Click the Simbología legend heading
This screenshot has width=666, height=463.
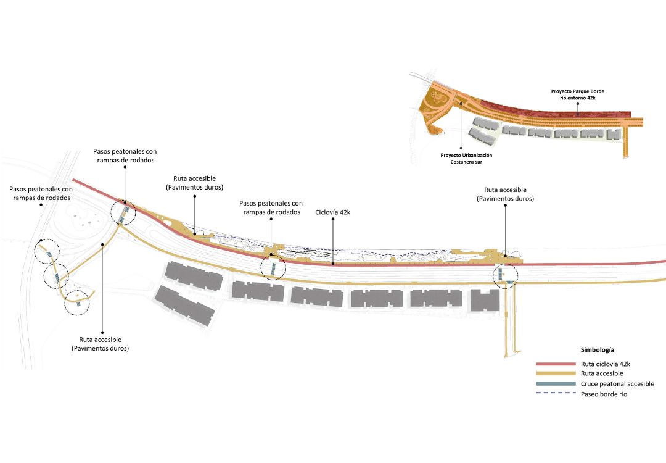[597, 350]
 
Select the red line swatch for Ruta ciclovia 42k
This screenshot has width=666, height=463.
[556, 364]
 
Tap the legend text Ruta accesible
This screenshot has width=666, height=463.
[602, 373]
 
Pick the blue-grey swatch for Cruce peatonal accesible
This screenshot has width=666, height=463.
[556, 384]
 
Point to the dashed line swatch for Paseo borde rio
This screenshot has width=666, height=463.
[556, 393]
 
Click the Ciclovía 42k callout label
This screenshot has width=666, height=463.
[332, 212]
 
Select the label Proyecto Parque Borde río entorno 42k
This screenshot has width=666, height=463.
[578, 94]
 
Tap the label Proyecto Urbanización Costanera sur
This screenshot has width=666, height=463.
[466, 159]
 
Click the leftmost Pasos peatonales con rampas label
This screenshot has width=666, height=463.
[41, 193]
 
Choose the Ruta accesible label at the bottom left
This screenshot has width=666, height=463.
[101, 344]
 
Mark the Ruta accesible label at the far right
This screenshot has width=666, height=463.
[505, 194]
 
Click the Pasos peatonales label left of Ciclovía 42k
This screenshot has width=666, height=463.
[271, 208]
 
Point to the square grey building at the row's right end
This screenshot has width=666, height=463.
[485, 300]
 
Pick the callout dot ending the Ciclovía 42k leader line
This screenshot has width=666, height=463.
[333, 264]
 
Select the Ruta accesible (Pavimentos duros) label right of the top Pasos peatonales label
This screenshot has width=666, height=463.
[194, 183]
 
